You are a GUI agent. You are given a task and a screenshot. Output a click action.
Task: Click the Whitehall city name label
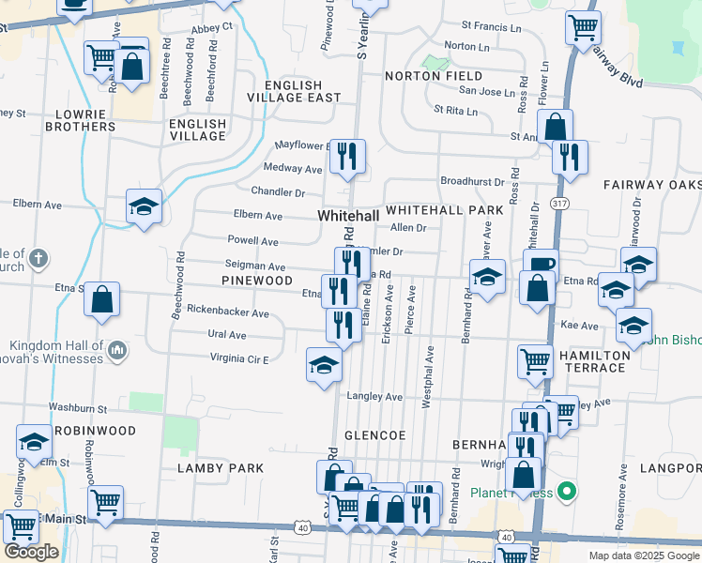coord(348,216)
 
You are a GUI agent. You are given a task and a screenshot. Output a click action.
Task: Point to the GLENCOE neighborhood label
coord(374,435)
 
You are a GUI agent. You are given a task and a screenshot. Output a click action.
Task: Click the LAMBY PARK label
coord(221,467)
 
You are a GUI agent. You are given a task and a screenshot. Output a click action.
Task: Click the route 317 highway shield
coord(557,204)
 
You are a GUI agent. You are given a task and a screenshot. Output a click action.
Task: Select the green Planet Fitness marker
coord(565,490)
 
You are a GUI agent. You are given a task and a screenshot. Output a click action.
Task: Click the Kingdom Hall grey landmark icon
coord(116,351)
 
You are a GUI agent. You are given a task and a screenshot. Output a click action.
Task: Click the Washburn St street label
coord(78,409)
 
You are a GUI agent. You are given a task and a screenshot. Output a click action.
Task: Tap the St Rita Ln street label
coord(455,111)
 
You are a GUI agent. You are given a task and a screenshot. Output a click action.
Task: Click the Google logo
coord(31,552)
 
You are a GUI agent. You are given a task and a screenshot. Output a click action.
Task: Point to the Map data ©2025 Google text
coord(643,555)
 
